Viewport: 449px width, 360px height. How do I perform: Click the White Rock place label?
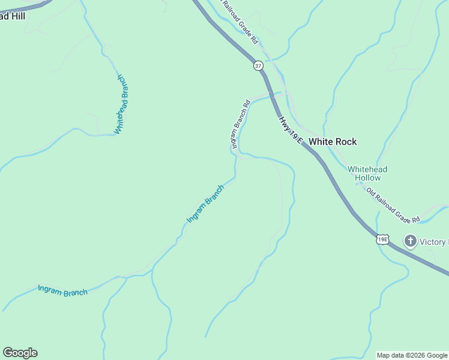[x=333, y=142]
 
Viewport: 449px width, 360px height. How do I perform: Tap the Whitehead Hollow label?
[x=367, y=173]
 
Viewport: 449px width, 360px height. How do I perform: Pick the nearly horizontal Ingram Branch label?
[x=62, y=290]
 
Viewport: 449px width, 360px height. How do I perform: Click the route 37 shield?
[x=258, y=65]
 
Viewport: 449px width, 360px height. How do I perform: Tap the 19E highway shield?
[x=382, y=239]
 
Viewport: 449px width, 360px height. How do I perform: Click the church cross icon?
[x=411, y=242]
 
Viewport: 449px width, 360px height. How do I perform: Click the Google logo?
[x=20, y=353]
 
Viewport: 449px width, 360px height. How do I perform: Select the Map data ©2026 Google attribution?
[x=412, y=355]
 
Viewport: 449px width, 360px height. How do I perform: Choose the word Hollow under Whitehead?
[x=367, y=178]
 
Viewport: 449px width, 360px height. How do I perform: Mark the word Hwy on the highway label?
[x=283, y=122]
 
